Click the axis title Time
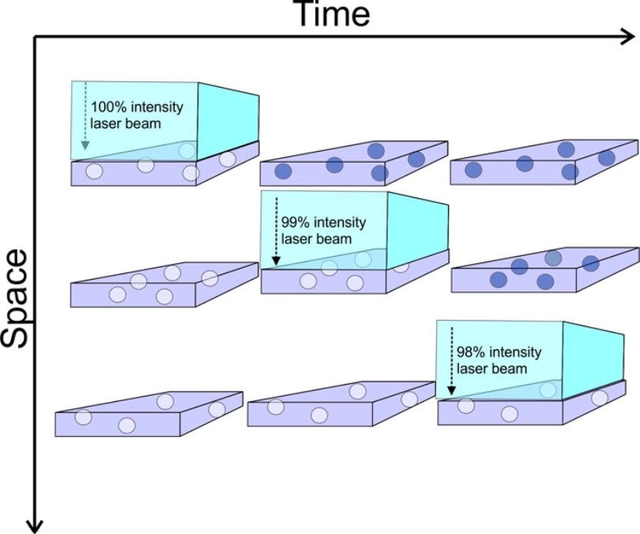point(331,13)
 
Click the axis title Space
point(17,299)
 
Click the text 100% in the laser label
point(107,106)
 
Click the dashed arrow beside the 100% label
point(84,118)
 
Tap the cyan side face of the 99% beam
point(418,228)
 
